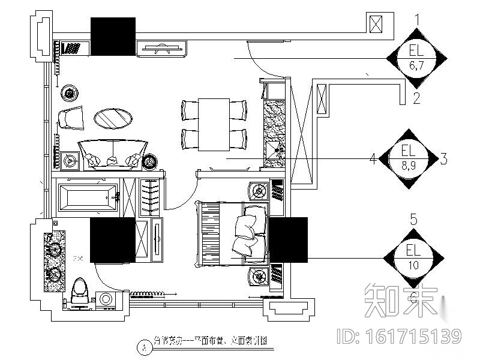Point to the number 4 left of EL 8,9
(373, 159)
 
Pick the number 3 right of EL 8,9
(443, 159)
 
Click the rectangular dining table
(214, 124)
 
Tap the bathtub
(88, 197)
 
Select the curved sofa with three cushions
(113, 154)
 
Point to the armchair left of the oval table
(71, 117)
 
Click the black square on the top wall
(113, 37)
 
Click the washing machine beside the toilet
(106, 299)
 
